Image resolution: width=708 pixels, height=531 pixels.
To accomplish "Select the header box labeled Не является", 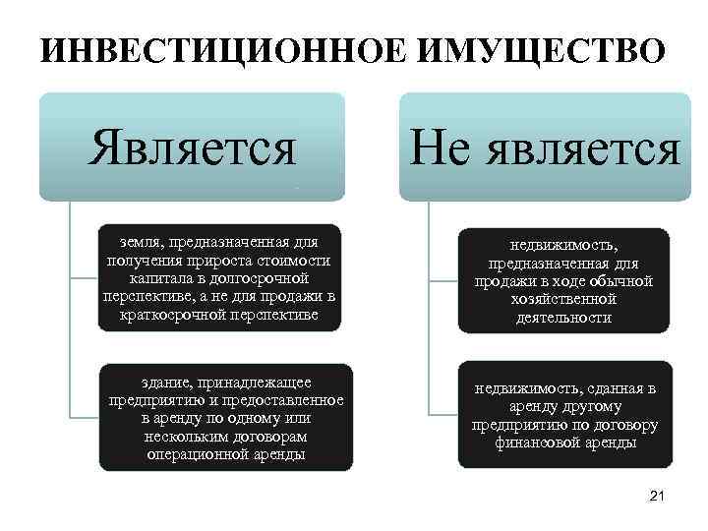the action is (x=546, y=147).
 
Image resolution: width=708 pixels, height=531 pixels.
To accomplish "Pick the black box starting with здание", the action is (x=225, y=418).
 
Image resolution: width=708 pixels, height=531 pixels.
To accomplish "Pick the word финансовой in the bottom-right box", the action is (x=534, y=443).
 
